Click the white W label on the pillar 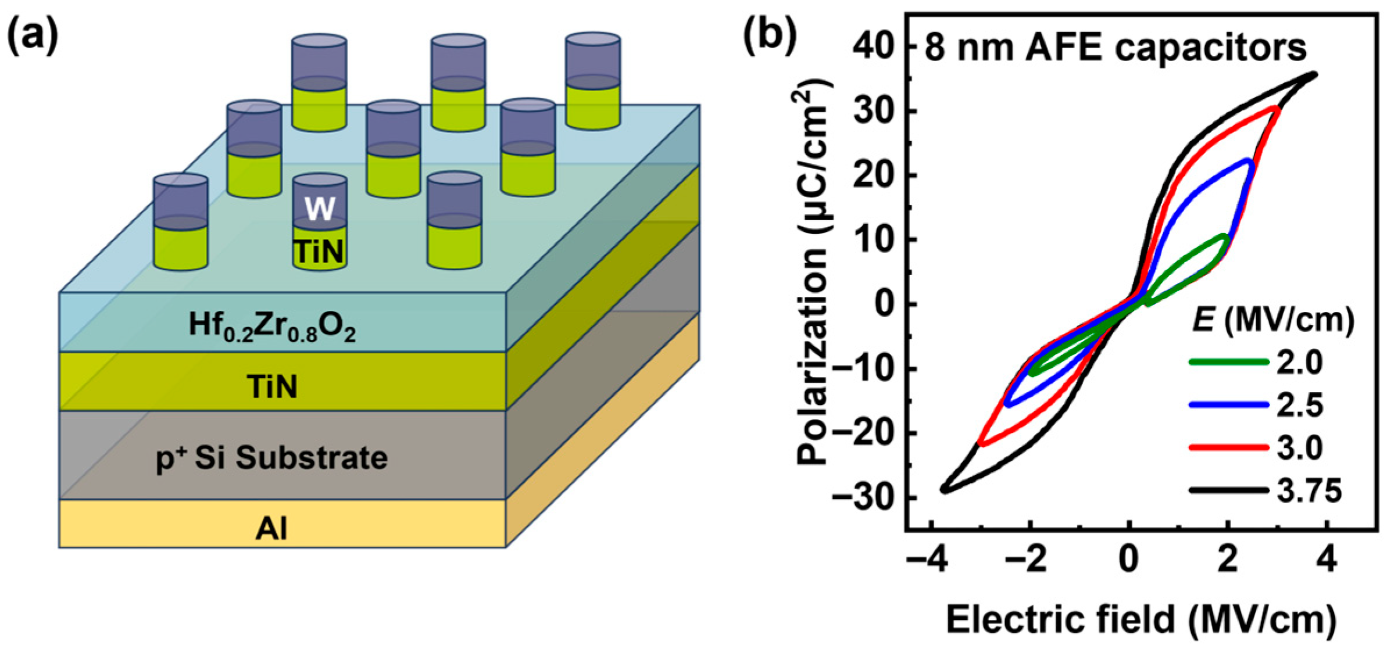click(320, 209)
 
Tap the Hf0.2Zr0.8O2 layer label click(272, 326)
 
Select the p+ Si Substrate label click(272, 458)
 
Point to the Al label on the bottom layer click(271, 529)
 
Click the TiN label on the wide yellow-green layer click(272, 386)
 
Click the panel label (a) click(33, 37)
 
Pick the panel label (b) click(770, 37)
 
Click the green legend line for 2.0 click(1228, 362)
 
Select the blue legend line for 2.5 click(1228, 405)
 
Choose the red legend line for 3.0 click(1228, 447)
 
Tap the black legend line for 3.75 click(1228, 490)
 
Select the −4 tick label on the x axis click(928, 560)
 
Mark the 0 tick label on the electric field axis click(1129, 560)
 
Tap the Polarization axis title click(814, 273)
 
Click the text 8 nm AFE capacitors click(1115, 48)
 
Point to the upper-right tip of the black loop click(1315, 74)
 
